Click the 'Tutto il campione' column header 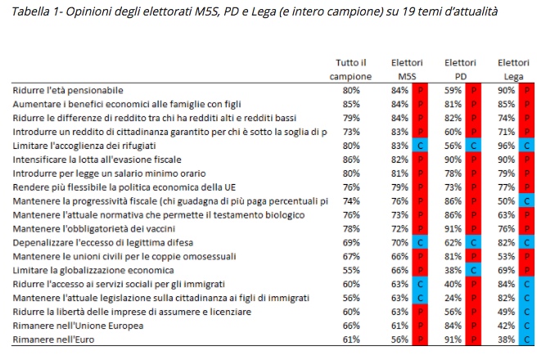pos(350,69)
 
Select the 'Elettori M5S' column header pos(407,69)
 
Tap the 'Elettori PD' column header pos(461,69)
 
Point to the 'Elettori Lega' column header pos(514,69)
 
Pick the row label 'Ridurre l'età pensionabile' pos(68,89)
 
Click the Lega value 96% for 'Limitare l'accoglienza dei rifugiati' pos(508,145)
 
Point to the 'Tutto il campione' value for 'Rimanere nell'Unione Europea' pos(351,326)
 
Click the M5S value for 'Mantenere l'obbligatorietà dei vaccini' pos(399,227)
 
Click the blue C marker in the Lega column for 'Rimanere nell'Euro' pos(526,340)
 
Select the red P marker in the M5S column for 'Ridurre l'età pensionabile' pos(420,89)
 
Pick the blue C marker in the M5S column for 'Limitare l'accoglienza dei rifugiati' pos(420,145)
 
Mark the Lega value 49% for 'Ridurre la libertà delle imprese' pos(508,312)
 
